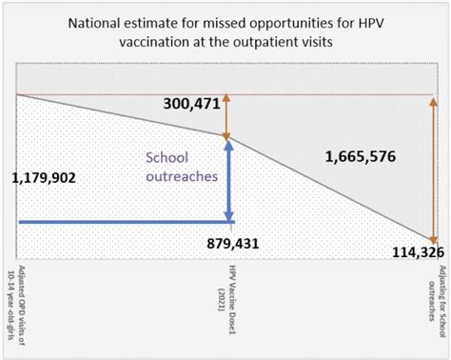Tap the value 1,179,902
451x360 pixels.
49,176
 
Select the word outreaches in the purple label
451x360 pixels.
181,177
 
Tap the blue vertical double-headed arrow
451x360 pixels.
227,181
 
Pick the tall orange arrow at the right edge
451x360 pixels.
434,167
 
